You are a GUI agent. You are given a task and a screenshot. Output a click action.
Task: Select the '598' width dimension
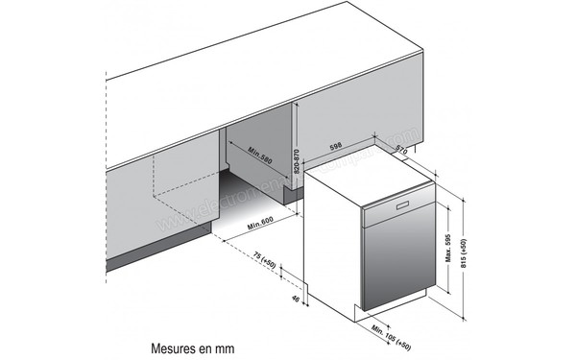click(x=335, y=147)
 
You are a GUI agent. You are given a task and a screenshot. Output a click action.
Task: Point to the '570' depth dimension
click(x=400, y=151)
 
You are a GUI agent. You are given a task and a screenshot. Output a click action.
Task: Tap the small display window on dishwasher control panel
click(x=397, y=206)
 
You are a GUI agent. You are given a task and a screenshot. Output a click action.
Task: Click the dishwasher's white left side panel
click(x=331, y=240)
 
